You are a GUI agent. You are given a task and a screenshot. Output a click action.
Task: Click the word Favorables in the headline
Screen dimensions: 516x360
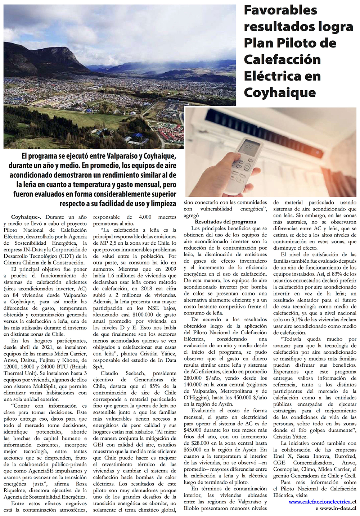pyautogui.click(x=280, y=10)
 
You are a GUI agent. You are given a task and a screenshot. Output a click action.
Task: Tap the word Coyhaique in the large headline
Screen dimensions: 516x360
pyautogui.click(x=280, y=92)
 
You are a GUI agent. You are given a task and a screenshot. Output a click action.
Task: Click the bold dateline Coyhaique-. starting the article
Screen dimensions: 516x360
pyautogui.click(x=26, y=217)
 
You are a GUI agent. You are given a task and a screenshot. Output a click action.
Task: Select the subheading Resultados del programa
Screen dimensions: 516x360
pyautogui.click(x=225, y=222)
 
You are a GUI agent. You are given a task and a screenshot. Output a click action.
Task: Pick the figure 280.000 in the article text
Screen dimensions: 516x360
pyautogui.click(x=195, y=378)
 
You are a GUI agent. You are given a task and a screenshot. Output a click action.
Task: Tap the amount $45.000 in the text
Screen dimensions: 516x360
pyautogui.click(x=193, y=430)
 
